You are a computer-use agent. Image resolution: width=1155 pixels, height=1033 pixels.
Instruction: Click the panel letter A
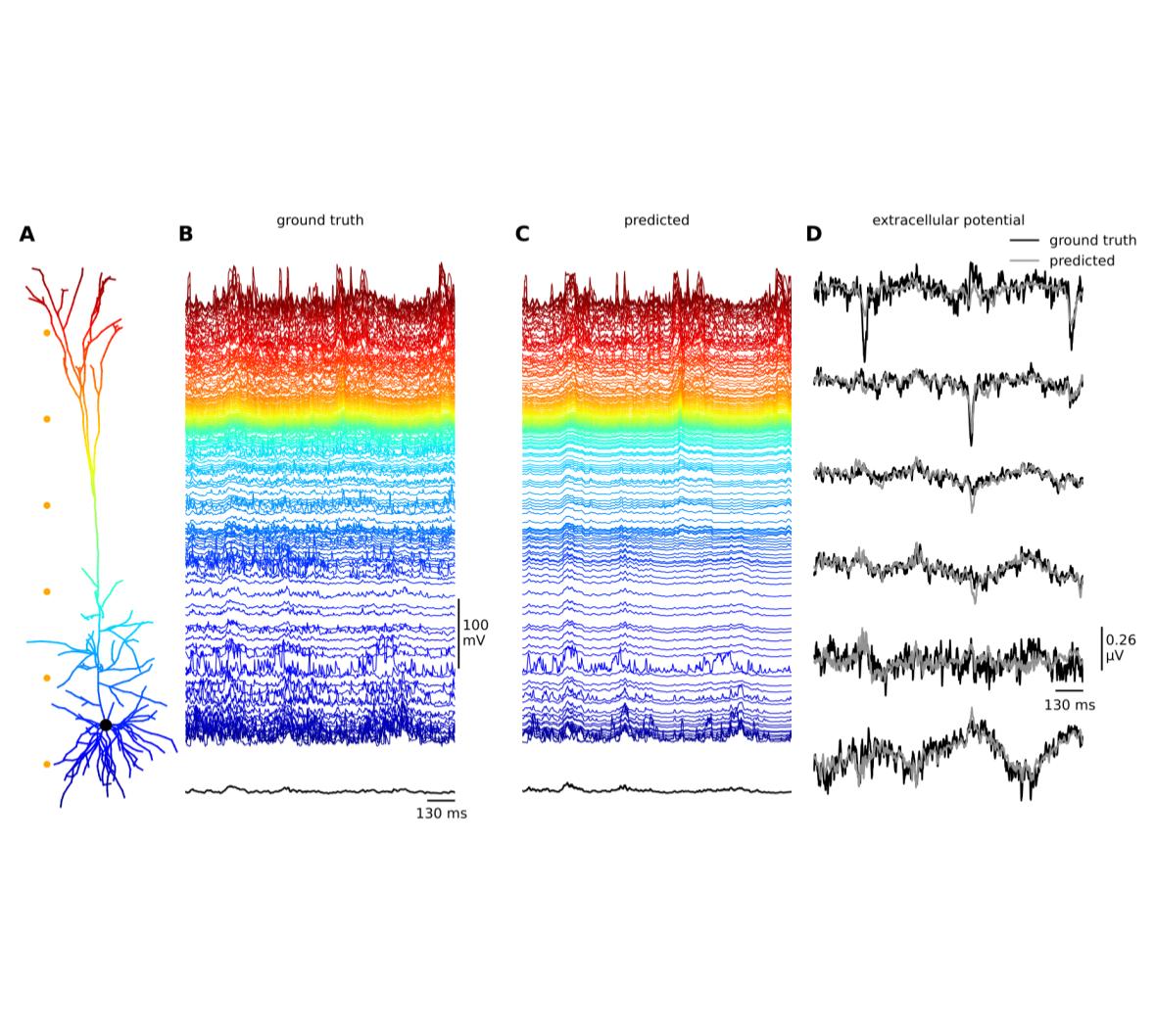(26, 234)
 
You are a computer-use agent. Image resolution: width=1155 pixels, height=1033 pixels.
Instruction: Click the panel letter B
(185, 234)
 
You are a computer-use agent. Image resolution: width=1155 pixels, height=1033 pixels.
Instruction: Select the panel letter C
(521, 234)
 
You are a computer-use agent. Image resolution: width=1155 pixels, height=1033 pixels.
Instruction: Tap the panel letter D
(813, 234)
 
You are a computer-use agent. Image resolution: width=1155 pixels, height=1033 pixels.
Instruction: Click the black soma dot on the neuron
(106, 725)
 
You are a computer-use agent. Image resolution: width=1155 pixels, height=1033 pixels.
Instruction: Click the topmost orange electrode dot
(46, 333)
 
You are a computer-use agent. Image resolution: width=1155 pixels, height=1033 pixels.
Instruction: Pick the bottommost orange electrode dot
(46, 764)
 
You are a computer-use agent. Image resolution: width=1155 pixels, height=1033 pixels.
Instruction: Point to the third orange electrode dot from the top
(46, 505)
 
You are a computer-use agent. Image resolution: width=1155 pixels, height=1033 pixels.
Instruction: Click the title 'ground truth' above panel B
(319, 220)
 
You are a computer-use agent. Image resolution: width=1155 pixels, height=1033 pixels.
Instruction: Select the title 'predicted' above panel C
(656, 220)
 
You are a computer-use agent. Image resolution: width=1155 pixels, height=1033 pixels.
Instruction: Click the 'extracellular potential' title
(948, 220)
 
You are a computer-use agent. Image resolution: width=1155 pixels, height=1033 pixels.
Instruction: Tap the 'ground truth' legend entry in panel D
(1092, 240)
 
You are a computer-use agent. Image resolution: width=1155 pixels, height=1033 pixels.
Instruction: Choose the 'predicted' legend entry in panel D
(1082, 261)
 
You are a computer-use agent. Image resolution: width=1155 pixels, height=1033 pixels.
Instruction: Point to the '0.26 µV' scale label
(1121, 647)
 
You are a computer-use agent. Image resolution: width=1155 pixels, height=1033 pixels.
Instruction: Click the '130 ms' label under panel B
(442, 814)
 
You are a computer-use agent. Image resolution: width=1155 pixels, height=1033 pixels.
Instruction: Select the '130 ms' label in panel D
(1069, 705)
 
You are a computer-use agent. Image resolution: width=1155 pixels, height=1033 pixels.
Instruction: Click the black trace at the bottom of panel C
(656, 789)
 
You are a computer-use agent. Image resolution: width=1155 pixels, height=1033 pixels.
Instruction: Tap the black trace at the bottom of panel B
(319, 790)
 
